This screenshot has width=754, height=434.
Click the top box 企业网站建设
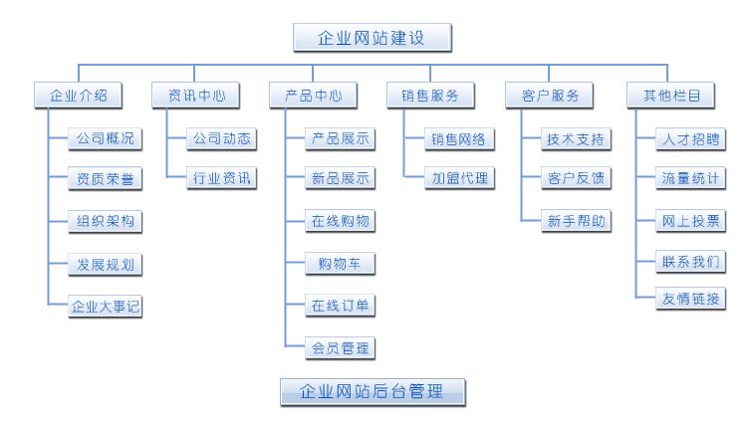point(373,38)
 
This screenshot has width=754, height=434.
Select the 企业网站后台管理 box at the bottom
point(372,391)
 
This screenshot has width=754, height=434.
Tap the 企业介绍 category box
point(78,96)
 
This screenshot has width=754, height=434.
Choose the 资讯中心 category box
point(195,96)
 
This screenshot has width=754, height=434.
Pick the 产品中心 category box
point(313,96)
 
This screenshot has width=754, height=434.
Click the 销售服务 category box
point(430,96)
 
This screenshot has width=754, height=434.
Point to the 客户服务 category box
point(549,96)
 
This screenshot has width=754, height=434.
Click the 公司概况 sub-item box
point(105,138)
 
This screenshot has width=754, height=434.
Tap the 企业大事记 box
point(105,307)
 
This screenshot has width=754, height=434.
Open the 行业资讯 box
point(222,180)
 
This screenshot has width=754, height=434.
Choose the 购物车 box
point(340,264)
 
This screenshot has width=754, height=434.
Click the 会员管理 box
point(340,348)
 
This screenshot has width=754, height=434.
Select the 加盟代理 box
point(457,180)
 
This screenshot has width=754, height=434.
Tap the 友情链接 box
point(691,298)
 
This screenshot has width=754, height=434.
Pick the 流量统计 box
point(691,180)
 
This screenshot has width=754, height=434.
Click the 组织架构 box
point(105,222)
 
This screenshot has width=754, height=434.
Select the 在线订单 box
point(340,306)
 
